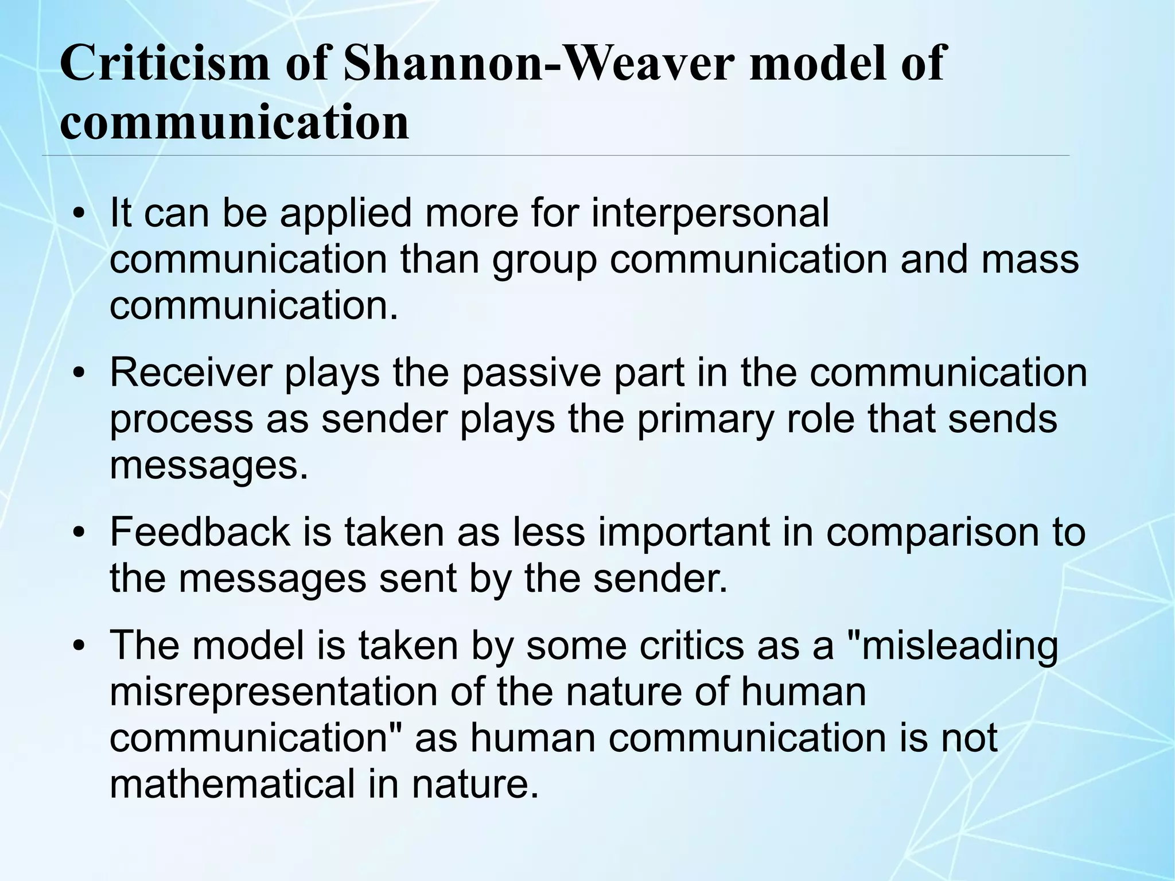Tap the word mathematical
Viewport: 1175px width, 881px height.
point(232,785)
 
